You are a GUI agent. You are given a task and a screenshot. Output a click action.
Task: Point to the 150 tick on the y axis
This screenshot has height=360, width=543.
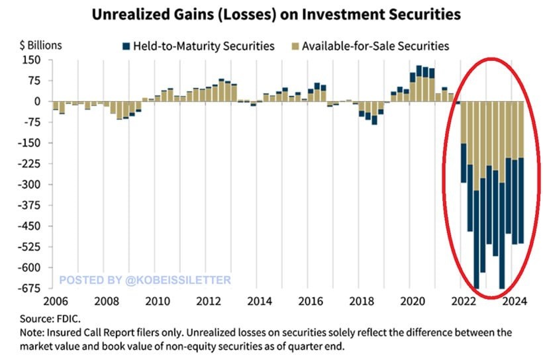tap(32, 60)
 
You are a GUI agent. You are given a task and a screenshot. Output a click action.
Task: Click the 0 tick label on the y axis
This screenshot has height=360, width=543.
tap(38, 101)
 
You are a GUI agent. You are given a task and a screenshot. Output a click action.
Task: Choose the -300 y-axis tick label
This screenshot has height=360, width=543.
tap(31, 184)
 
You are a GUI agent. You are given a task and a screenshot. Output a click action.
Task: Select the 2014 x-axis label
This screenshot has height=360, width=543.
tap(259, 301)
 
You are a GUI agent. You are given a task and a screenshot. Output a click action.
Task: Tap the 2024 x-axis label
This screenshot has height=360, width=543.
tap(515, 301)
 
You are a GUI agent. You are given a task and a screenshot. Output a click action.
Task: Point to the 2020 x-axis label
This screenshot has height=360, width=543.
tap(413, 301)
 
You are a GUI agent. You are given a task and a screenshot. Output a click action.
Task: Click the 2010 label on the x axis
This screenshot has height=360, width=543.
tap(156, 301)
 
